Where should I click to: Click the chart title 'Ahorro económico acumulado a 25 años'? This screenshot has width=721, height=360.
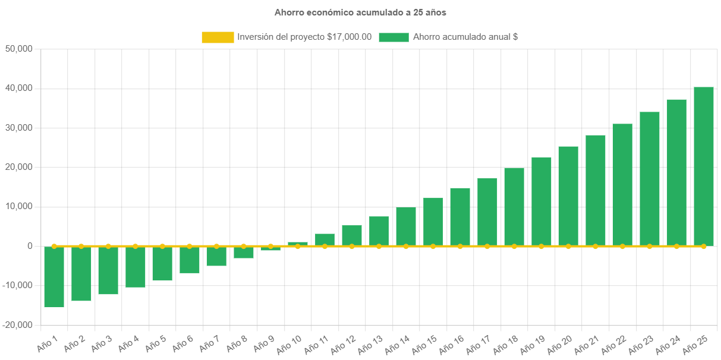[360, 12]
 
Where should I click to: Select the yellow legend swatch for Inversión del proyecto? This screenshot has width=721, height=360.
[218, 37]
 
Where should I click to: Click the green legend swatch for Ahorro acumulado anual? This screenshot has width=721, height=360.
[393, 37]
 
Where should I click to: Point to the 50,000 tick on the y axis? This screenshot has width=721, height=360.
[18, 49]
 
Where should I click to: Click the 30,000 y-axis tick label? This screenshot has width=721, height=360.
[18, 128]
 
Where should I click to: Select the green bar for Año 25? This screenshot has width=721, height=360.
[704, 166]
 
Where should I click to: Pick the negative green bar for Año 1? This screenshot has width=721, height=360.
[54, 277]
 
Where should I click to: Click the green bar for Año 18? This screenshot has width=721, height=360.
[514, 207]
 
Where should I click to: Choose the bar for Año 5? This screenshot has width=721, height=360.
[162, 263]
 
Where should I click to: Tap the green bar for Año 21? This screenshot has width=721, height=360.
[596, 190]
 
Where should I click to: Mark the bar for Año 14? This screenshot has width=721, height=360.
[406, 226]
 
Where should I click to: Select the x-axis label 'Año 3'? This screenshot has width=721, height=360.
[101, 343]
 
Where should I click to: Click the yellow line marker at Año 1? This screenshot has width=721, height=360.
[54, 246]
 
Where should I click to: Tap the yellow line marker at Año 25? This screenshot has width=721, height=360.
[704, 246]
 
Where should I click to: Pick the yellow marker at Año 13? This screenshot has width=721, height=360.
[379, 246]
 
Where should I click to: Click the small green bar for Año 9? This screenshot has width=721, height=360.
[270, 249]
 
